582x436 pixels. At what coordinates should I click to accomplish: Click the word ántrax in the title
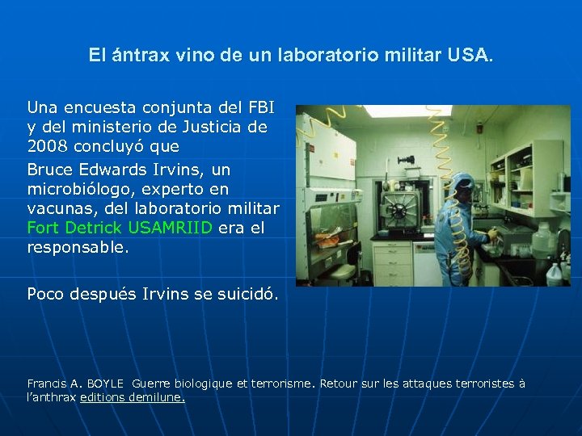tap(134, 56)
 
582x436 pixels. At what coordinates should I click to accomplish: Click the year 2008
tap(48, 147)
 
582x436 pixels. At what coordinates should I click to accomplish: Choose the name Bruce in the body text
tap(49, 170)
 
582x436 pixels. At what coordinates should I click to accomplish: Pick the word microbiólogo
tap(77, 189)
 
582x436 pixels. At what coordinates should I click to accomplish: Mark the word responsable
tap(77, 248)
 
